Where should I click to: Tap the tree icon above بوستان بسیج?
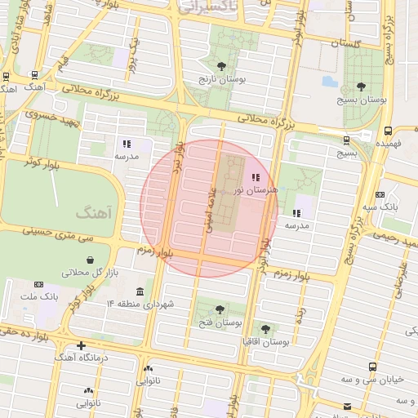pos(362,86)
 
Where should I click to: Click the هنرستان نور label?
pos(256,189)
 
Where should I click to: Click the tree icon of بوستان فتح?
pos(220,309)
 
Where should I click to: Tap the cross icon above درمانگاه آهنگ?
pos(81,345)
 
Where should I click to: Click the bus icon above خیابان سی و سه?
pos(372,367)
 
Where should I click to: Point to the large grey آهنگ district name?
pos(92,212)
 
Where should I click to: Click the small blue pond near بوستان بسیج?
pos(329,82)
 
